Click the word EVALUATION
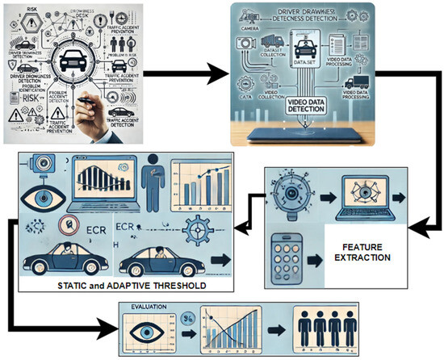[151, 308]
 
